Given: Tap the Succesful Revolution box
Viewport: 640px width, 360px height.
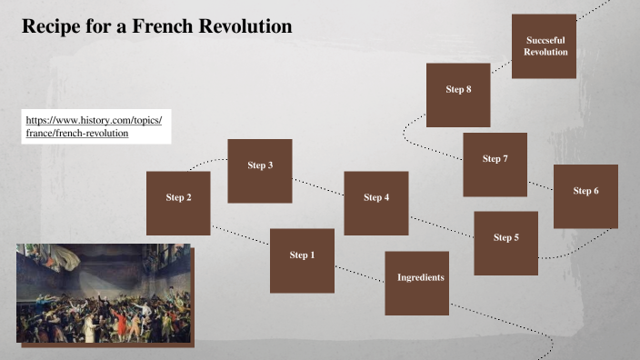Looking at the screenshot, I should (545, 46).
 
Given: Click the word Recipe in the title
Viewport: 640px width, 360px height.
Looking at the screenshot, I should (51, 27).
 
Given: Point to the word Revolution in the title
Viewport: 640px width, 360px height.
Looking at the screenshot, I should (245, 27).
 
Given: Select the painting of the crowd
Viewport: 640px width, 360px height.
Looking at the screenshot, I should (102, 293).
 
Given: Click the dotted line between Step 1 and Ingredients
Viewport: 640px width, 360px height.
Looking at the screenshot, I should (359, 273).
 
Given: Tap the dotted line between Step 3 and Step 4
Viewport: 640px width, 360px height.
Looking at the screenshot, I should (318, 186).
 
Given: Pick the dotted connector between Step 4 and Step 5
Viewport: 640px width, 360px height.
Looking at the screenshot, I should (441, 226).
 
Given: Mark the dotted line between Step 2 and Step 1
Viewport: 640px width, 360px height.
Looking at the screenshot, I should (240, 235).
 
